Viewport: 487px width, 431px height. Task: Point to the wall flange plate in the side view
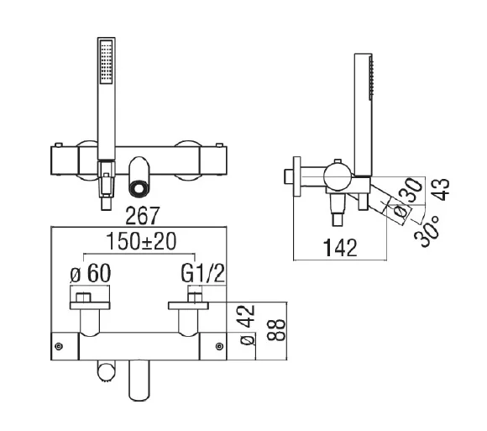click(x=295, y=176)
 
